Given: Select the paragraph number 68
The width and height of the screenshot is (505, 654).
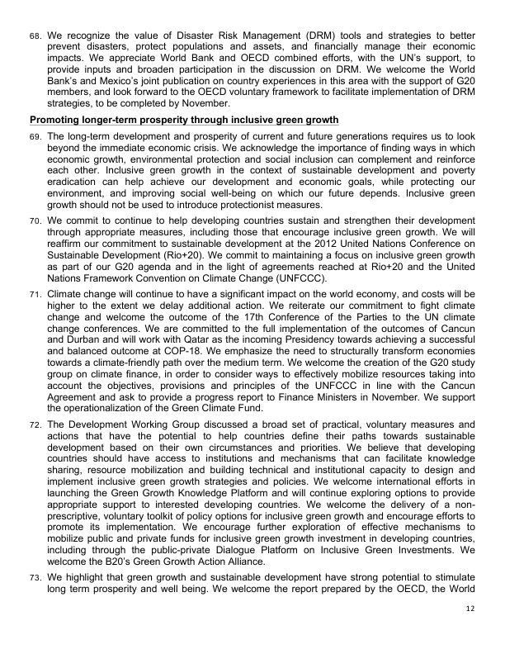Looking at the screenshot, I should point(35,38).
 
